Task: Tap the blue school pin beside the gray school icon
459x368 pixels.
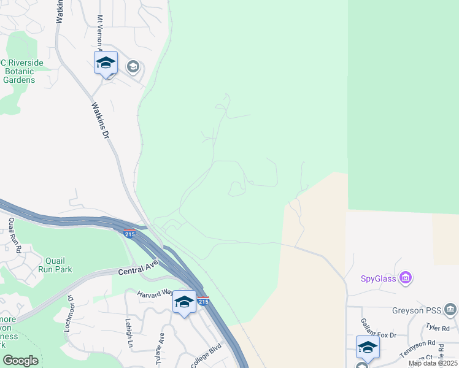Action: click(x=106, y=63)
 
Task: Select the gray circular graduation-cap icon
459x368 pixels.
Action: click(x=133, y=66)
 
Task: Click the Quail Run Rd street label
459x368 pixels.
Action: click(x=14, y=236)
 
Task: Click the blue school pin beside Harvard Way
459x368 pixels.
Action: click(x=184, y=302)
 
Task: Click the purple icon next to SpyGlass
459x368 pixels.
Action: click(x=405, y=278)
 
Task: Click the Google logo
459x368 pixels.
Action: click(x=20, y=361)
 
